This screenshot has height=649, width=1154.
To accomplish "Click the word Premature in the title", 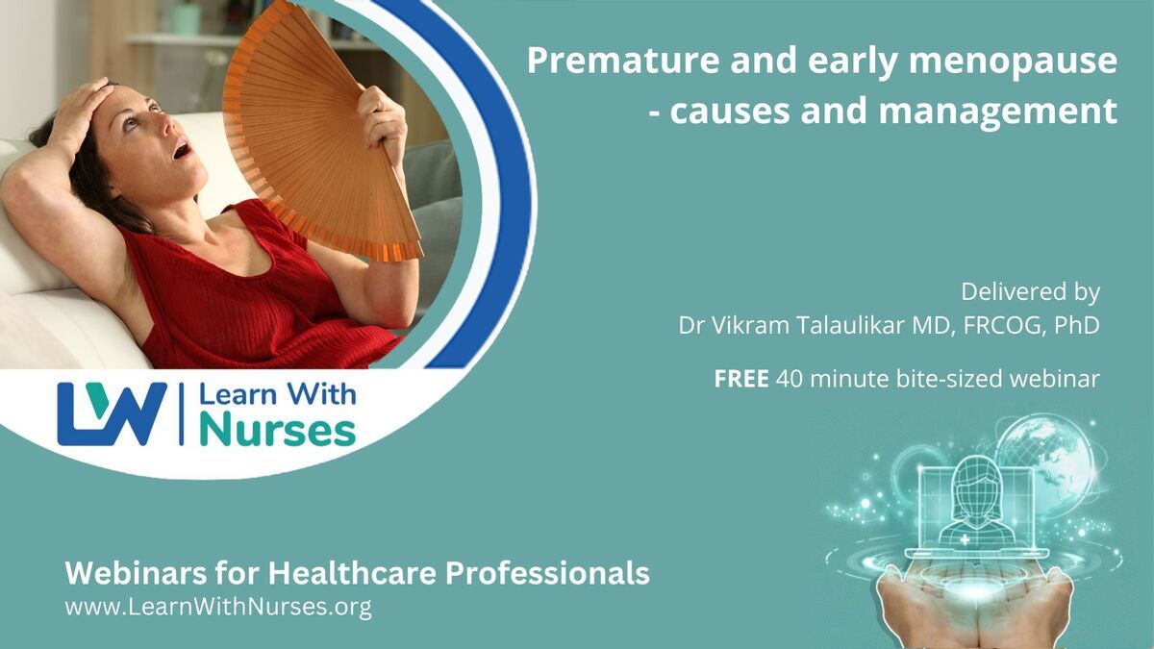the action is coord(623,61).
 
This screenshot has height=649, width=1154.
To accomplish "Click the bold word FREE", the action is coord(741,379).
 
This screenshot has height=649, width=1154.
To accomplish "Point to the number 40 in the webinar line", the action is coord(790,379).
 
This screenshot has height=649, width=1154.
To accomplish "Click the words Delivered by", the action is coord(1030,291).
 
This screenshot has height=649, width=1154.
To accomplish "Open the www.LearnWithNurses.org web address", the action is coord(218,607).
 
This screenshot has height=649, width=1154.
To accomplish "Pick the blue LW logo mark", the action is coord(112,413).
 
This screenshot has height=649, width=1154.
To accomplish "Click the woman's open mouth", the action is coord(182,150).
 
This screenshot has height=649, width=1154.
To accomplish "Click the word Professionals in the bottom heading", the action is coord(547,573).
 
